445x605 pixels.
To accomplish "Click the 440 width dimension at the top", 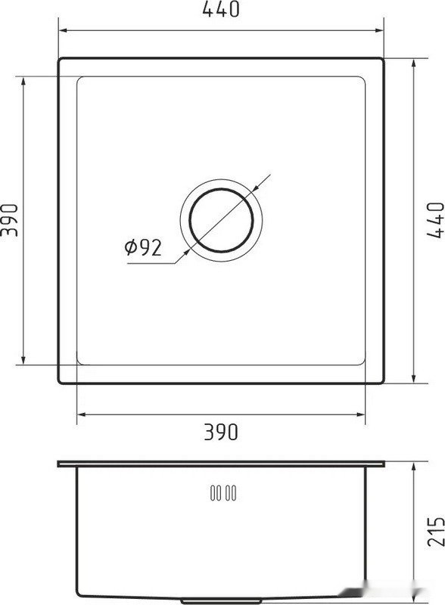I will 222,11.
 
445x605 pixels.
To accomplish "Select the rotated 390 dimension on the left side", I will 9,220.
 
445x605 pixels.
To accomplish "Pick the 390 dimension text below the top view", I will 222,432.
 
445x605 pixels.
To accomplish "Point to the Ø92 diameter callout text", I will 143,248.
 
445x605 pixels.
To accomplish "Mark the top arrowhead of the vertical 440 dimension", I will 414,61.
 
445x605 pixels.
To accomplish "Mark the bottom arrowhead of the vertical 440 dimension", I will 414,380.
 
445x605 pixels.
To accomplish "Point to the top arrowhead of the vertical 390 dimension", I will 25,80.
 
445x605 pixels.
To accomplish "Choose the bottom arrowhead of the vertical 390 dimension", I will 25,361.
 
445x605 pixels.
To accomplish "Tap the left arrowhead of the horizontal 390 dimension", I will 82,414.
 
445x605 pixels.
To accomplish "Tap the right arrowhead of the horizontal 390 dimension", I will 362,414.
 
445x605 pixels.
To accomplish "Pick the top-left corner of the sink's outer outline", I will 60,58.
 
